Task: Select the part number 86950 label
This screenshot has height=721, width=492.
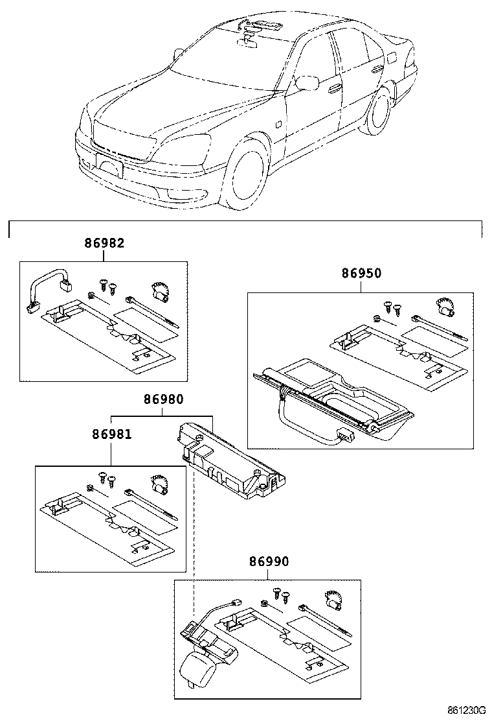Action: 361,274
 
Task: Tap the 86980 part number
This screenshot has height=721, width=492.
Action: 163,401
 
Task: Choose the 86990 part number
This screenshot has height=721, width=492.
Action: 269,561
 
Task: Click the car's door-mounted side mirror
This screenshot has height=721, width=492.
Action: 307,82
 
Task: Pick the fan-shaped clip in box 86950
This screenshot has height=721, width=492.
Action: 443,305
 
